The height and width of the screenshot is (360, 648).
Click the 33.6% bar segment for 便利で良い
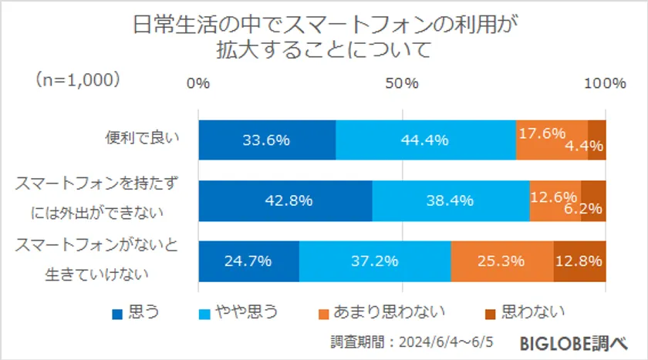[x=266, y=140]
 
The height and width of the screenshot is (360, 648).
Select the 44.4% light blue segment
[x=425, y=140]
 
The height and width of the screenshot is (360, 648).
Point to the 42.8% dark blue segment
[x=285, y=200]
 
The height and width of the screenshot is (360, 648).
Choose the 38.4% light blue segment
[x=451, y=200]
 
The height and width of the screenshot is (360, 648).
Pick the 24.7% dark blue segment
[x=248, y=261]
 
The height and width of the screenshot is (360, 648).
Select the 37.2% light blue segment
[x=375, y=261]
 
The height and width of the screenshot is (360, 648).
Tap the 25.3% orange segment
[x=502, y=261]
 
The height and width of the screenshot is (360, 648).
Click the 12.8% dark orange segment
[x=579, y=261]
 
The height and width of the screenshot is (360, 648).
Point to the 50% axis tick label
[x=402, y=83]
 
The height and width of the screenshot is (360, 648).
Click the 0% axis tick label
[x=199, y=83]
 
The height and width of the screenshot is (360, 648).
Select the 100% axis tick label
[x=605, y=83]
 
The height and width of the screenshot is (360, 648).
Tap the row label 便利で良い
[x=143, y=140]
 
